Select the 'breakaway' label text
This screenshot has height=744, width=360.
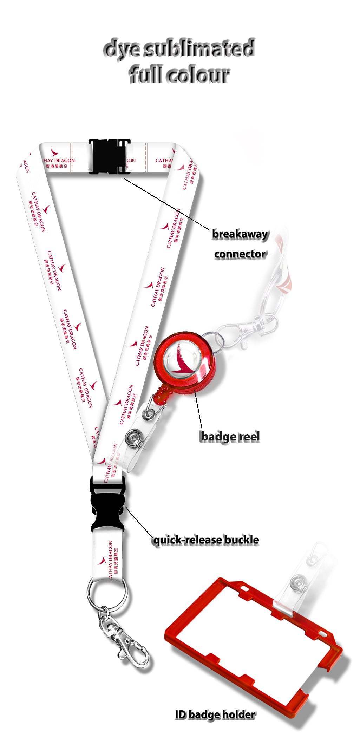[240, 234]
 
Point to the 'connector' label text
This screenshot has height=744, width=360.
[240, 254]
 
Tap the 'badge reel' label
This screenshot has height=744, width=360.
[230, 437]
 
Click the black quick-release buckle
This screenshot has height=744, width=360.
[108, 505]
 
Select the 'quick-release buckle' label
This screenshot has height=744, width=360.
[206, 540]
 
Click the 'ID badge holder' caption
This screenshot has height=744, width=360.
[215, 714]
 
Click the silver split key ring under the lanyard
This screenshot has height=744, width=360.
[107, 594]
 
